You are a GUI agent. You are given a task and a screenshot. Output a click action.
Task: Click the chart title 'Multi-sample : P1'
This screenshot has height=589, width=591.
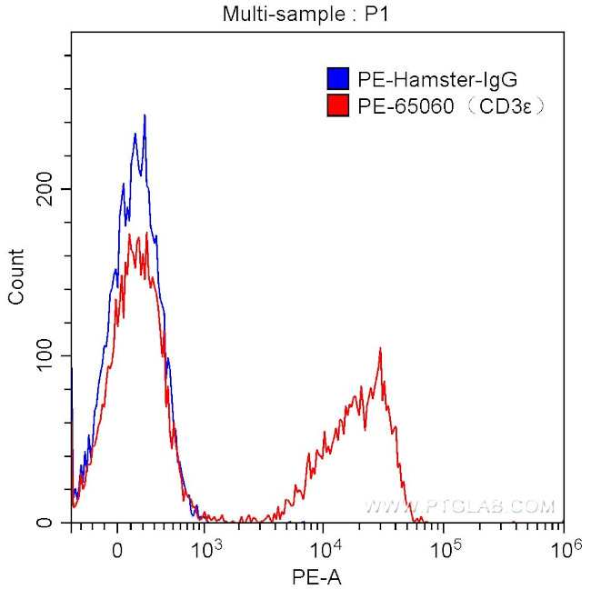tap(296, 14)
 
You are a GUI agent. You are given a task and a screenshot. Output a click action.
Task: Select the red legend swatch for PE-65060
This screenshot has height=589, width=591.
tap(337, 107)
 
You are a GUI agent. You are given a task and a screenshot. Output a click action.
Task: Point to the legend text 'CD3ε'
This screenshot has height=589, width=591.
tap(514, 107)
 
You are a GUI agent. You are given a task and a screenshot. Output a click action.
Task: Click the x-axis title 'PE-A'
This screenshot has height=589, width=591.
tap(316, 575)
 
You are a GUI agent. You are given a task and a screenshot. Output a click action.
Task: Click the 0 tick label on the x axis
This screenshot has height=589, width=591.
tap(116, 549)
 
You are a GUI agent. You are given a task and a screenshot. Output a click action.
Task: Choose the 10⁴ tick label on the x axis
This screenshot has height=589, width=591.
tap(326, 547)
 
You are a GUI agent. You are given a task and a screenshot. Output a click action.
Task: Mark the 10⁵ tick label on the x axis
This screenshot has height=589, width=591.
tap(445, 547)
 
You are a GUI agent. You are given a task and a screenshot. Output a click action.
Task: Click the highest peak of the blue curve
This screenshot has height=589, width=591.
tap(145, 115)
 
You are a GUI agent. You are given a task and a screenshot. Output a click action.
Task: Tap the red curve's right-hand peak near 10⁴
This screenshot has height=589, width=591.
tap(380, 349)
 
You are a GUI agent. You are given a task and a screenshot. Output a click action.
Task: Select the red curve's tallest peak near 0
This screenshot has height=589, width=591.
tap(130, 235)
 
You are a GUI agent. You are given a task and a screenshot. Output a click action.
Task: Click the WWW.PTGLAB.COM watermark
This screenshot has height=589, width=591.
tap(459, 505)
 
